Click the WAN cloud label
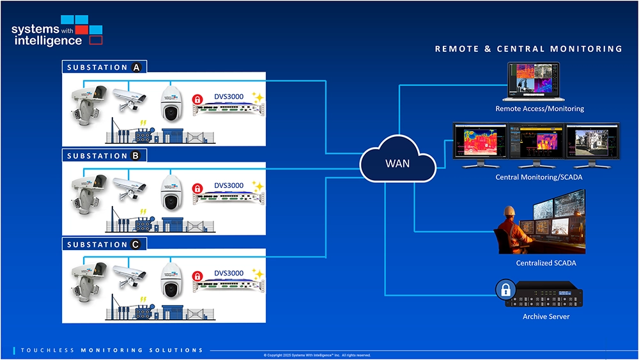pyautogui.click(x=397, y=163)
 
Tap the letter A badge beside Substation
pyautogui.click(x=136, y=67)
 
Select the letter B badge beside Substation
pyautogui.click(x=135, y=155)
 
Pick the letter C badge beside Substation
pyautogui.click(x=135, y=244)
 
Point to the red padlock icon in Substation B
pyautogui.click(x=198, y=189)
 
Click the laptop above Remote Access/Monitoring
pyautogui.click(x=532, y=81)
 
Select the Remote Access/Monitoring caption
pyautogui.click(x=539, y=109)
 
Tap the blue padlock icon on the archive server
pyautogui.click(x=505, y=291)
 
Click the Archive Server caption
pyautogui.click(x=546, y=317)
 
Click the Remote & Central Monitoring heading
pyautogui.click(x=528, y=49)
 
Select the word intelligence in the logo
pyautogui.click(x=47, y=41)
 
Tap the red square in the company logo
pyautogui.click(x=82, y=29)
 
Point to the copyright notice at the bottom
pyautogui.click(x=317, y=355)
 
